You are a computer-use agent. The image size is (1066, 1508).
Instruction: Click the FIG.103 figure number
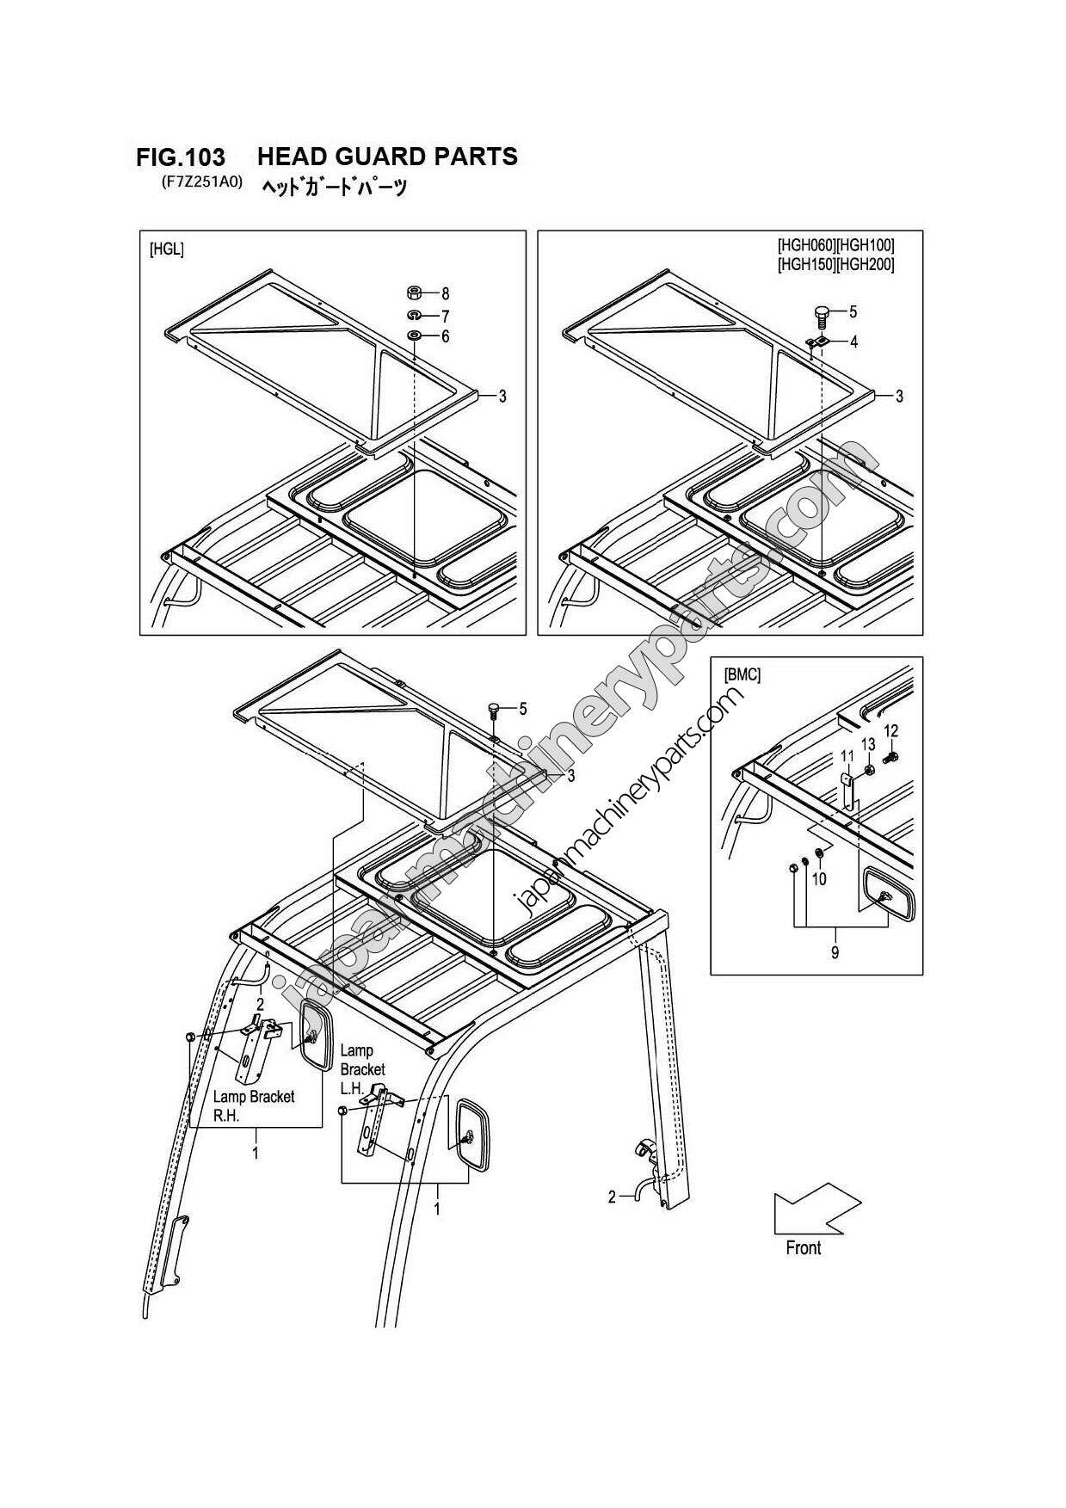[x=181, y=157]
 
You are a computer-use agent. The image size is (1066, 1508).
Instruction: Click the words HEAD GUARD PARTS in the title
[x=387, y=156]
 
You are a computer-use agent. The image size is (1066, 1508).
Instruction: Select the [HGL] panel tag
[x=167, y=249]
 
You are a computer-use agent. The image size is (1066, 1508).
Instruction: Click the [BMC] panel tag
[x=743, y=675]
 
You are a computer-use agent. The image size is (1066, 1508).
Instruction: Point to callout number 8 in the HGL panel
[x=445, y=293]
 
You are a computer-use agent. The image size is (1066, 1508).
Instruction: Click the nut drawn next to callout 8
[x=413, y=292]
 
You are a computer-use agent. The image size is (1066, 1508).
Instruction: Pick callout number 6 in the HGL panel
[x=445, y=336]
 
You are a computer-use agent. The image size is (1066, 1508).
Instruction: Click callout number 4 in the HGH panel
[x=853, y=342]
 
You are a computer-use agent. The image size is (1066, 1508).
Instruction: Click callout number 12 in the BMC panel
[x=891, y=730]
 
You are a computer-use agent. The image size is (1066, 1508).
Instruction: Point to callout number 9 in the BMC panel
[x=835, y=951]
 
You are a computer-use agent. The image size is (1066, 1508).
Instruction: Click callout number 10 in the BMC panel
[x=819, y=879]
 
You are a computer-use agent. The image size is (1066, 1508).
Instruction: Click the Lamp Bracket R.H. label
[x=253, y=1105]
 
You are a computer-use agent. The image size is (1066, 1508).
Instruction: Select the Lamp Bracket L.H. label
[x=362, y=1068]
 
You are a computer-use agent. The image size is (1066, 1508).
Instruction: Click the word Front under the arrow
[x=803, y=1247]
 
